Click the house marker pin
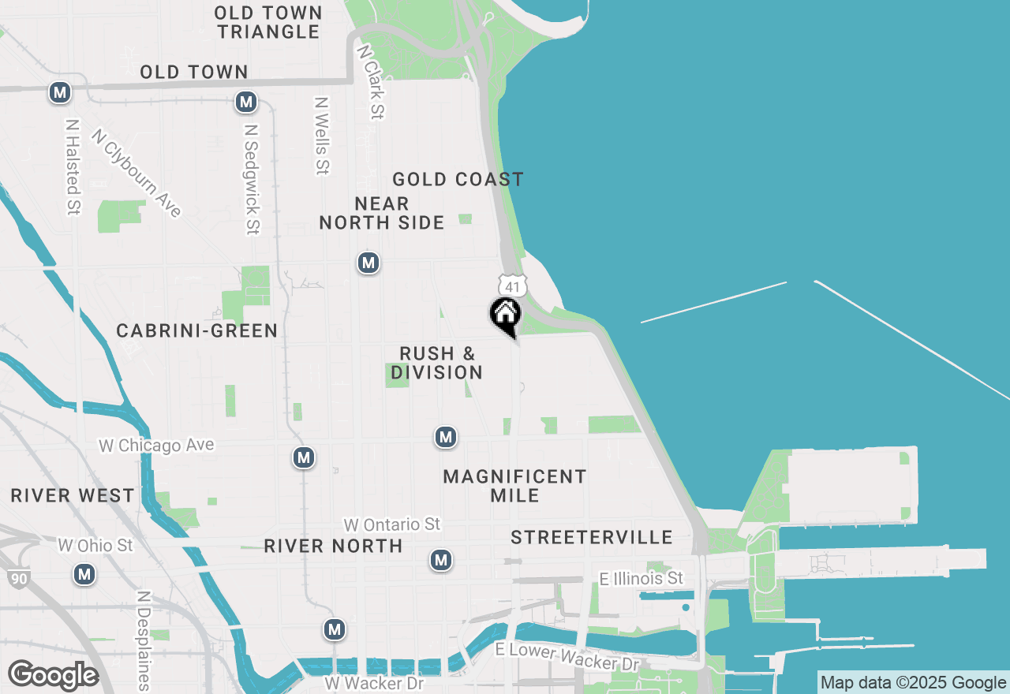(x=506, y=315)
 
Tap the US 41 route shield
(x=512, y=285)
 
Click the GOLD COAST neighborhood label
(x=458, y=180)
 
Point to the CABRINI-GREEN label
(x=196, y=330)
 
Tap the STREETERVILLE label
(x=592, y=538)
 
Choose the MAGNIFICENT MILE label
(x=514, y=486)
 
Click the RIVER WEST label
(x=73, y=496)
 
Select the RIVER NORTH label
(x=333, y=546)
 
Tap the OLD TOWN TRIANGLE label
(x=268, y=22)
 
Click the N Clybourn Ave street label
(x=137, y=173)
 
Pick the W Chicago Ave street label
(x=156, y=446)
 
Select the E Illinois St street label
(x=642, y=579)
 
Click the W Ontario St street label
(x=391, y=524)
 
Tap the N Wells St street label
(x=321, y=136)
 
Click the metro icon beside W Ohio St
(x=84, y=574)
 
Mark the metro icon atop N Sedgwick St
(x=246, y=102)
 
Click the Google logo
(x=53, y=675)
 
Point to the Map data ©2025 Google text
(x=913, y=683)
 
